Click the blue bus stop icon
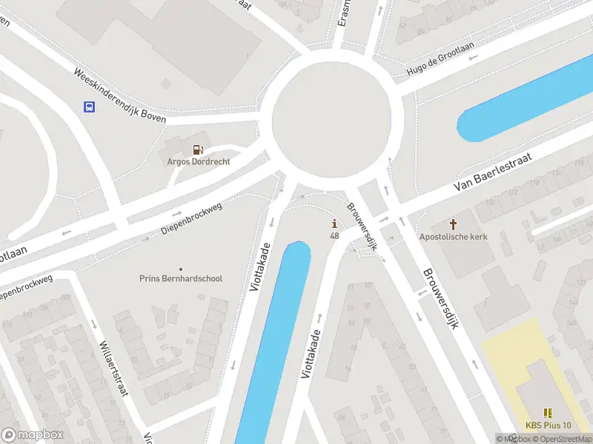point(89,107)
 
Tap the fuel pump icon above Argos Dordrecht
point(198,149)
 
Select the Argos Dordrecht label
point(198,161)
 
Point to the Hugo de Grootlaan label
point(440,60)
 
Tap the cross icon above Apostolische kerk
point(454,223)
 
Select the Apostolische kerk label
point(453,237)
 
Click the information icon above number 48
point(335,223)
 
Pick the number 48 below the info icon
point(335,236)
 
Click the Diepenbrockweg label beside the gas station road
point(191,220)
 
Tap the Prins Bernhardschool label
point(181,279)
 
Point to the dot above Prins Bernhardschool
point(181,269)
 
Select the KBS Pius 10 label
point(549,425)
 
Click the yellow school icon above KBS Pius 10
point(548,413)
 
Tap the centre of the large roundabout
point(330,122)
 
